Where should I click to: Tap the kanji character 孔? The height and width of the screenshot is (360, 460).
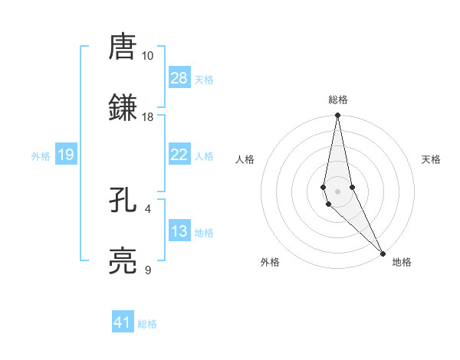(x=123, y=200)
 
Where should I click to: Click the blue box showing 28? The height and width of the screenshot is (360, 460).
(x=179, y=78)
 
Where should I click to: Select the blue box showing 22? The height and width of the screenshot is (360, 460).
(x=179, y=155)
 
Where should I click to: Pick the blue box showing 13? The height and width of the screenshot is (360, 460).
(x=179, y=231)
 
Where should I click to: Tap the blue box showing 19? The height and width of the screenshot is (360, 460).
(x=66, y=155)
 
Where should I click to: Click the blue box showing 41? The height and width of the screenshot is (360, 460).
(x=123, y=322)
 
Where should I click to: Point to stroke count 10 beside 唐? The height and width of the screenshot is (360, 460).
(x=148, y=56)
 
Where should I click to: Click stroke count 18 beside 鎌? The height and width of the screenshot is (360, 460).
(x=148, y=117)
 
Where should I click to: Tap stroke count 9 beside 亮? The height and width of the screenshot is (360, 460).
(x=148, y=270)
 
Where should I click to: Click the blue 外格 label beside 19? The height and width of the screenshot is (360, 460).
(x=41, y=155)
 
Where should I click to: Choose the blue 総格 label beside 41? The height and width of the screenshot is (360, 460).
(x=147, y=324)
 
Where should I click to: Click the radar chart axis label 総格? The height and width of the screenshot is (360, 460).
(x=338, y=100)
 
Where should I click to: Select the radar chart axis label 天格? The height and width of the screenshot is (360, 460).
(x=432, y=159)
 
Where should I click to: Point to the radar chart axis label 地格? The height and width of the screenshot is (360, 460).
(x=402, y=262)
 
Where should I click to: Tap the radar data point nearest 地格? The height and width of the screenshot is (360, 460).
(x=383, y=254)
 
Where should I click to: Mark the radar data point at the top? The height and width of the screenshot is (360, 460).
(x=338, y=116)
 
